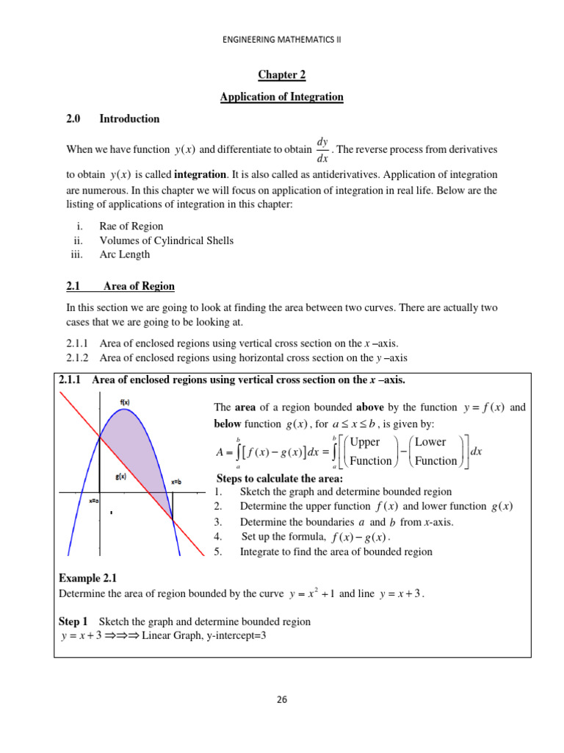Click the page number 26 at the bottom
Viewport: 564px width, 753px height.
coord(281,699)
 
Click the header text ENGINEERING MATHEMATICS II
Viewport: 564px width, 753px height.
coord(282,41)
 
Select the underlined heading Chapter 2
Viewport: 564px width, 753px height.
coord(281,75)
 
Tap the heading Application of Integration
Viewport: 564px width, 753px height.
coord(281,97)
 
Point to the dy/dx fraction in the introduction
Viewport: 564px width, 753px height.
coord(322,149)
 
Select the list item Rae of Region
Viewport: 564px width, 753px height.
coord(131,226)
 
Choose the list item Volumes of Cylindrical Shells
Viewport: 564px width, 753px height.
coord(167,240)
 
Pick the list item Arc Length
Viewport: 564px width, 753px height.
coord(125,254)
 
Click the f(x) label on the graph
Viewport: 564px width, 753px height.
coord(125,402)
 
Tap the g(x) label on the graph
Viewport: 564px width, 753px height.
coord(120,477)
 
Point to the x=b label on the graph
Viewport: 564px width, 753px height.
coord(177,482)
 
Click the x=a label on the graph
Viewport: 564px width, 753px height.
coord(94,501)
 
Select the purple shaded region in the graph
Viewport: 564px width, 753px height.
coord(136,449)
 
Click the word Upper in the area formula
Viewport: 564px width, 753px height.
coord(365,442)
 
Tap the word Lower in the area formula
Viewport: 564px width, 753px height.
coord(430,442)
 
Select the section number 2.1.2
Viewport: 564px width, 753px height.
coord(73,358)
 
